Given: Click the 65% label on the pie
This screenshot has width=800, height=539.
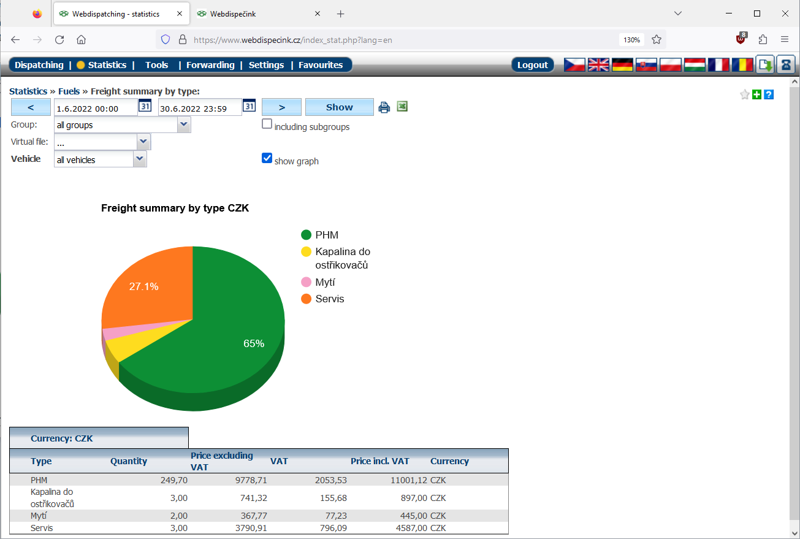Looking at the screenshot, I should click(x=254, y=344).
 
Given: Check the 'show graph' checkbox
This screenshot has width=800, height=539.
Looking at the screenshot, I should click(x=267, y=158).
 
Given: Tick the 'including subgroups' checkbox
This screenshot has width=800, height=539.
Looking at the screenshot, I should click(x=267, y=124).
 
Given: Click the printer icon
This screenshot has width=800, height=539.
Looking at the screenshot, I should click(x=384, y=107).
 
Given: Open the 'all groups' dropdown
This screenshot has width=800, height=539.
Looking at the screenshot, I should click(x=123, y=125).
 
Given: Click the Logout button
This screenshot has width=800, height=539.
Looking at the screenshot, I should click(x=532, y=65).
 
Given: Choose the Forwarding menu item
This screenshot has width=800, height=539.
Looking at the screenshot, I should click(x=210, y=65).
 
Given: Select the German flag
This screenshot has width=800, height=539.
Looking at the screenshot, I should click(x=622, y=64).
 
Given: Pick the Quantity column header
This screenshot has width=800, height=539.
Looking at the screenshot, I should click(x=129, y=461).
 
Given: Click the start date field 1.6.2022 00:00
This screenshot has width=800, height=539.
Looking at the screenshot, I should click(x=95, y=109).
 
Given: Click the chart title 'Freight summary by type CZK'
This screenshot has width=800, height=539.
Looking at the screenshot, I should click(x=175, y=208).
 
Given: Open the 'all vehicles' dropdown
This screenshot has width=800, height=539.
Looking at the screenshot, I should click(x=101, y=160).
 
